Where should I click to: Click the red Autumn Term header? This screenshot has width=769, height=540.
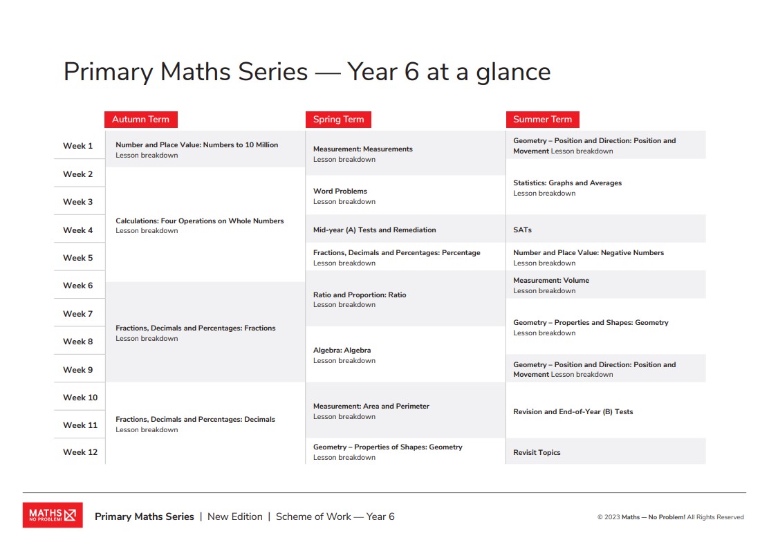tap(140, 120)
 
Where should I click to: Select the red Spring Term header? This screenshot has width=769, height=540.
tap(338, 120)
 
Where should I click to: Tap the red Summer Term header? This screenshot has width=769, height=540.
tap(542, 120)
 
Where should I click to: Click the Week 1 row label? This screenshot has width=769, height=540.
tap(78, 146)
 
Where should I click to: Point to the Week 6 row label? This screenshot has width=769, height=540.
tap(78, 286)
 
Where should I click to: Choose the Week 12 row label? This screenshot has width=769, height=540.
tap(80, 452)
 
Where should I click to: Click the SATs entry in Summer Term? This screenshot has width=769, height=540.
tap(522, 230)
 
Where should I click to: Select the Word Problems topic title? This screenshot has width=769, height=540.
tap(340, 191)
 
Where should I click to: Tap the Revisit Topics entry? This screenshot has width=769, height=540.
tap(537, 452)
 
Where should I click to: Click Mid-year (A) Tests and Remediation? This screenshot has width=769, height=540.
tap(374, 230)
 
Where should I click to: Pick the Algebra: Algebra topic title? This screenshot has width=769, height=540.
tap(342, 350)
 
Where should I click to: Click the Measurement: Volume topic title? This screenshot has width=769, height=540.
tap(551, 280)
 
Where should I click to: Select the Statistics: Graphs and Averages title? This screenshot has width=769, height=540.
tap(567, 183)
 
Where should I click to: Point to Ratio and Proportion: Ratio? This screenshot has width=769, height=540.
tap(360, 295)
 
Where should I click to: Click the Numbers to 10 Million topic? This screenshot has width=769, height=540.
tap(196, 145)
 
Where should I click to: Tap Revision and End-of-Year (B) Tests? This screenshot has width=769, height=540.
tap(573, 411)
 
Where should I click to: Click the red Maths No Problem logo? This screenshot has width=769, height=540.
tap(53, 515)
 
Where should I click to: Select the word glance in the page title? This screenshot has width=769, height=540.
tap(513, 72)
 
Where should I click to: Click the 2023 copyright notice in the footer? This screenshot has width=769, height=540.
tap(670, 517)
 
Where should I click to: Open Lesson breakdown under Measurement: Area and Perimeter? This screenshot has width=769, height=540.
tap(344, 417)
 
